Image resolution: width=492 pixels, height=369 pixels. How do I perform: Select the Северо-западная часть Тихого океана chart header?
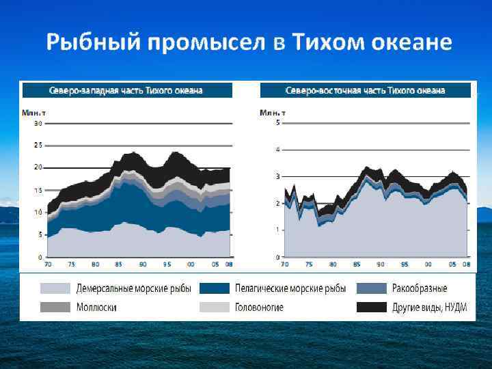(126, 90)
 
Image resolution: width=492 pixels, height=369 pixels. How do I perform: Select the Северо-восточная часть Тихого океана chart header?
(366, 90)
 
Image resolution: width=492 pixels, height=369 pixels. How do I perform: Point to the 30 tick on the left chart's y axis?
(38, 124)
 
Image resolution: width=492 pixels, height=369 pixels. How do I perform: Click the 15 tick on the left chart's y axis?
(38, 190)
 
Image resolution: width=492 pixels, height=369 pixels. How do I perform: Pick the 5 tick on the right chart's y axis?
(277, 123)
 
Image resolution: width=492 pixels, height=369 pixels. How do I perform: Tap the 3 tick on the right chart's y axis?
(277, 176)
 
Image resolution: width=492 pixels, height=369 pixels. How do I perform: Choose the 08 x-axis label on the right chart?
(467, 264)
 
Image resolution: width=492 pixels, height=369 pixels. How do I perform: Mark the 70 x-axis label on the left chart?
(48, 264)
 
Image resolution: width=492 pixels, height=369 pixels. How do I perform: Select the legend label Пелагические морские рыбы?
(290, 288)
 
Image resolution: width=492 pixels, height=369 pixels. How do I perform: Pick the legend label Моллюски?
(96, 307)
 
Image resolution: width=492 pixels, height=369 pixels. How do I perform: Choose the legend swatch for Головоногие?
(214, 307)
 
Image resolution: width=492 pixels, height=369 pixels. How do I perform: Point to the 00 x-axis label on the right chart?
(427, 264)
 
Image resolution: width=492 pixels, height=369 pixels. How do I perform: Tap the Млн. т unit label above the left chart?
(33, 112)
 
